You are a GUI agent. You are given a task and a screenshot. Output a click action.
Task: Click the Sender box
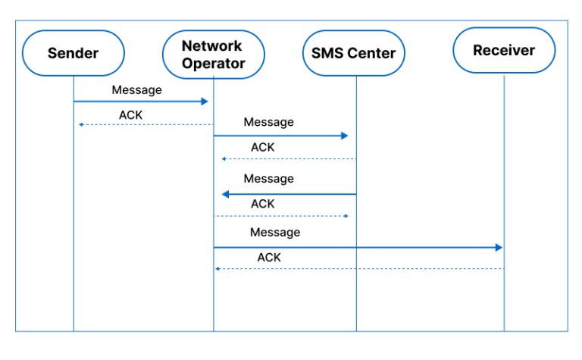pyautogui.click(x=74, y=53)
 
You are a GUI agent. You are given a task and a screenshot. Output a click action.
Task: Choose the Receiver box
pyautogui.click(x=503, y=51)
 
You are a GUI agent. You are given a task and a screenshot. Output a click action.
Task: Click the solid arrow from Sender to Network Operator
pyautogui.click(x=140, y=101)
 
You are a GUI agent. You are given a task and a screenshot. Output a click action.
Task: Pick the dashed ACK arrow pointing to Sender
pyautogui.click(x=144, y=124)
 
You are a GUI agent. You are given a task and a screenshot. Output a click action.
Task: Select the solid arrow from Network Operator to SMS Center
pyautogui.click(x=280, y=136)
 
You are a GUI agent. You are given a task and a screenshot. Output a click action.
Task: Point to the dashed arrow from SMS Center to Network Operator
pyautogui.click(x=288, y=159)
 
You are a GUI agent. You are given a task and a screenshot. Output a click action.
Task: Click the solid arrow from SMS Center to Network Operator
pyautogui.click(x=288, y=194)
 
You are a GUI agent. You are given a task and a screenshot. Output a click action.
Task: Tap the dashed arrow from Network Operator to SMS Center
pyautogui.click(x=280, y=216)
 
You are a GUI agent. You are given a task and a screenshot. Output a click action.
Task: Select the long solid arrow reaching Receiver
pyautogui.click(x=356, y=247)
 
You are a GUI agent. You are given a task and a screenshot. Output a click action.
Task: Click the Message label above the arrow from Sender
pyautogui.click(x=137, y=89)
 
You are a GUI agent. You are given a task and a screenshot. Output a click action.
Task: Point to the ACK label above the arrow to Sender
pyautogui.click(x=130, y=114)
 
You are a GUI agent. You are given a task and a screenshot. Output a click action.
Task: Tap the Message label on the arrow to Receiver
pyautogui.click(x=275, y=232)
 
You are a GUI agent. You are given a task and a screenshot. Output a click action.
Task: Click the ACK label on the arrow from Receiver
pyautogui.click(x=269, y=258)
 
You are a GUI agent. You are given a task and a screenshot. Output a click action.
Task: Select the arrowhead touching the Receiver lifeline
pyautogui.click(x=499, y=247)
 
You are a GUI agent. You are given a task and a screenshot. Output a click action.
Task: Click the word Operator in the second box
pyautogui.click(x=214, y=64)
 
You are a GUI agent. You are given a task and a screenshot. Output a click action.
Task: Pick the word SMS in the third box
pyautogui.click(x=327, y=53)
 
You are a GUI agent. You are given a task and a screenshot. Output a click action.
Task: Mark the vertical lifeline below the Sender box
pyautogui.click(x=74, y=227)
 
